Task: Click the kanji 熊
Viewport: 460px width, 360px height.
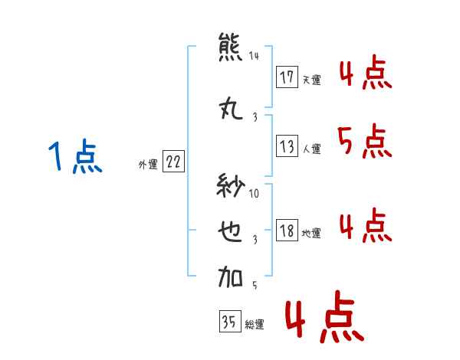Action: (x=230, y=47)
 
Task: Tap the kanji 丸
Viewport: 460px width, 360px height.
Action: (x=231, y=108)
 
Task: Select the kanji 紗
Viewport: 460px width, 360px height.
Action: (x=231, y=185)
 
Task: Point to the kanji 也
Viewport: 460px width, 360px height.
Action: (x=230, y=231)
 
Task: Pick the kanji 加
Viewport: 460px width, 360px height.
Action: (x=230, y=277)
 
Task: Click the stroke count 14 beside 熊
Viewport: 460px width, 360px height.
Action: (x=254, y=55)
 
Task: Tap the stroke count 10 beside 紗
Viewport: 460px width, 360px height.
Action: (x=254, y=193)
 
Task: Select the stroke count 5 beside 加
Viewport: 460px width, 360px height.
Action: (x=255, y=285)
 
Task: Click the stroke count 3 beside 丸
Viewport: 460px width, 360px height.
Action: (x=255, y=117)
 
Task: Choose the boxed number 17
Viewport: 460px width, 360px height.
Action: (x=287, y=77)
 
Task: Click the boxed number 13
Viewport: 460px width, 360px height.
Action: (x=287, y=146)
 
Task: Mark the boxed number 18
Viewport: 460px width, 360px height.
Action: (x=287, y=230)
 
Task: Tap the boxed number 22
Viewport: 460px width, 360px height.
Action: (x=173, y=162)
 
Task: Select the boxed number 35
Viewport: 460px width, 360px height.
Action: (x=230, y=321)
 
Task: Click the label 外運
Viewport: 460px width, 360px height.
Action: (x=148, y=165)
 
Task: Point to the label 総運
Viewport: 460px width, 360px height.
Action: (x=255, y=325)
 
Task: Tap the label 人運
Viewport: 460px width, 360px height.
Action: (x=312, y=149)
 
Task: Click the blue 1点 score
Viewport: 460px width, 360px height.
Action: (x=75, y=156)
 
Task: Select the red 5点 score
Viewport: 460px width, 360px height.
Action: (x=364, y=141)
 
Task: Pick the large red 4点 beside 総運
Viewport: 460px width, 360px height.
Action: (x=325, y=316)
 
